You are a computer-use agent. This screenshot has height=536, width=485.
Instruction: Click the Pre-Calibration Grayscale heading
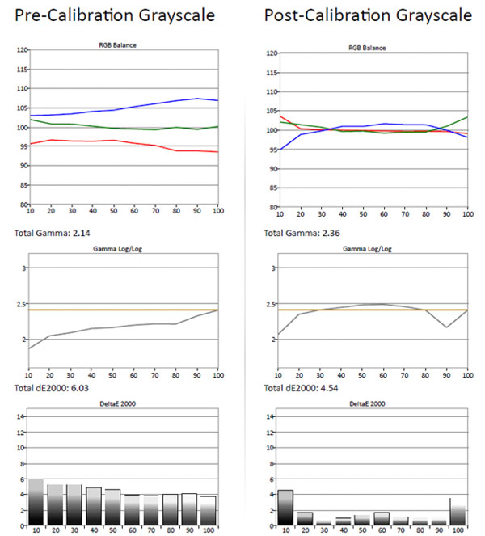pos(115,16)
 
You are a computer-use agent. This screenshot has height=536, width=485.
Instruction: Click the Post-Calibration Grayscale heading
pos(368,16)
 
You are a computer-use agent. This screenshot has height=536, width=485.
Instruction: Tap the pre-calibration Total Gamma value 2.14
pos(82,233)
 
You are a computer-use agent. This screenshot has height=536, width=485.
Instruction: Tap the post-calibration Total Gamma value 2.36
pos(331,233)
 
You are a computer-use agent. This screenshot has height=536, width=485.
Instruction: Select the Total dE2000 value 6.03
pos(80,388)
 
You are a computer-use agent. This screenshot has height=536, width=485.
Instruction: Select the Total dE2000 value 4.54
pos(329,388)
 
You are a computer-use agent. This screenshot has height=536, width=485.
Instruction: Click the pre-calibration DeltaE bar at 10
pos(36,502)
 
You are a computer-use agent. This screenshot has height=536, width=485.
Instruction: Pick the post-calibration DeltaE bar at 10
pos(285,508)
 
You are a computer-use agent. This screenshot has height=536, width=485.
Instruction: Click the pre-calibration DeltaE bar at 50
pos(112,507)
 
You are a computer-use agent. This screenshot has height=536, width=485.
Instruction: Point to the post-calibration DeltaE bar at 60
pos(382,518)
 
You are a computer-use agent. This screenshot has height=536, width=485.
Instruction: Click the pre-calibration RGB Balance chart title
pos(117,45)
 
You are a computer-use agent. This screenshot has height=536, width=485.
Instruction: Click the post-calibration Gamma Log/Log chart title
pos(367,249)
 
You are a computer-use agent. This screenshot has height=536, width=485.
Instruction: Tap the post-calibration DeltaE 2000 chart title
pos(367,403)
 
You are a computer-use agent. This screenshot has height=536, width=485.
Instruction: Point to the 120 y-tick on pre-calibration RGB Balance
pos(22,50)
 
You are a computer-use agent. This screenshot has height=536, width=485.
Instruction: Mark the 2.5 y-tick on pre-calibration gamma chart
pos(21,304)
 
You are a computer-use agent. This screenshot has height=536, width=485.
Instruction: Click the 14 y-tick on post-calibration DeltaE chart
pos(270,416)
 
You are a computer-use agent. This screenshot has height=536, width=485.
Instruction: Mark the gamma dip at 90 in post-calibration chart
pos(446,327)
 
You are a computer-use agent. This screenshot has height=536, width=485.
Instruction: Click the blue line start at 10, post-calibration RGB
pos(280,150)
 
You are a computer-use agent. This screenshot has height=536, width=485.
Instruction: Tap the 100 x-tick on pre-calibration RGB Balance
pos(218,211)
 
